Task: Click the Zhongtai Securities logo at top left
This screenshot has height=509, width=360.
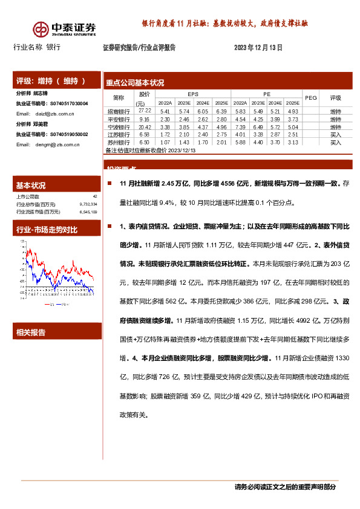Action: (x=64, y=28)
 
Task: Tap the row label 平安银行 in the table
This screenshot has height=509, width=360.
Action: (x=118, y=120)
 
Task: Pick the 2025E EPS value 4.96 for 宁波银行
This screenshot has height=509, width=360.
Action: (x=221, y=128)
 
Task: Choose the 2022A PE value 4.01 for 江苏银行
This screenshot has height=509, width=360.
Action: (x=240, y=135)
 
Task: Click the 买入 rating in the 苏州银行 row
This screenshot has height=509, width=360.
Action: (x=335, y=142)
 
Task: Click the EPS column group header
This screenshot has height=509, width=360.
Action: (x=192, y=94)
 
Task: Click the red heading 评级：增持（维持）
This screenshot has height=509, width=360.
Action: (x=50, y=81)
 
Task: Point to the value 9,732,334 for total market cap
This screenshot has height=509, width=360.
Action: (x=88, y=204)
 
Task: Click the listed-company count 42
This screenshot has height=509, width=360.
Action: (x=95, y=196)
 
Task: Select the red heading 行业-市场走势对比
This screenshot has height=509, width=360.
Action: (x=47, y=230)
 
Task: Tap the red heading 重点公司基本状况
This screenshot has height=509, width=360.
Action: (x=134, y=83)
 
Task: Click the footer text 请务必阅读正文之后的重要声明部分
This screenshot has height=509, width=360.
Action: (x=284, y=487)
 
